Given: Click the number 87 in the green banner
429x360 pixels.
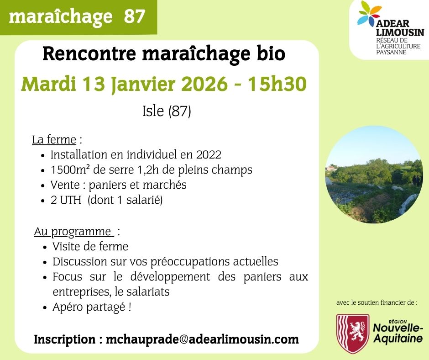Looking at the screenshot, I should (134, 17).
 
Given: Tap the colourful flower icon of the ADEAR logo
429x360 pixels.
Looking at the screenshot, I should (369, 14).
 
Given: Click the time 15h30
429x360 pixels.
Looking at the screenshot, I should (277, 85).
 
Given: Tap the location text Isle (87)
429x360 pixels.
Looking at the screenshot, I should (167, 111).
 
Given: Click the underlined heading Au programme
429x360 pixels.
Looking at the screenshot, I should (73, 232).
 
